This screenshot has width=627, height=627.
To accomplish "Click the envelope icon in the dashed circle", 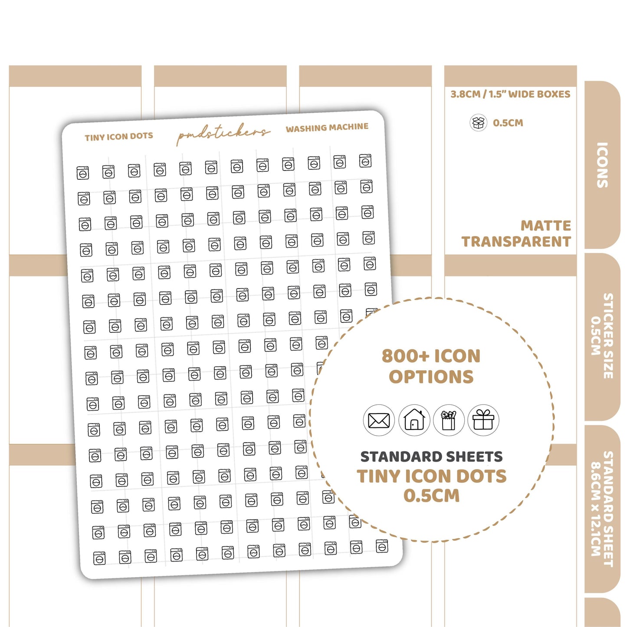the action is pos(378,420).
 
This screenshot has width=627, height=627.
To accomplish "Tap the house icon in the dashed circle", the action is pos(414,420).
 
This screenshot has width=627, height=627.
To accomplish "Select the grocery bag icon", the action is pos(448,420).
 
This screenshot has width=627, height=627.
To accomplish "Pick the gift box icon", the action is pos(483,420).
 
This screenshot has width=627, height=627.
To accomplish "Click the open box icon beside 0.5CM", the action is pos(478,123).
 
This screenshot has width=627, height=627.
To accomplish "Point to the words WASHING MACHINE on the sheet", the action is pos(327,128).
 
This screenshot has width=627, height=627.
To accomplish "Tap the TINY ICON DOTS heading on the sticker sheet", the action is pos(119,137).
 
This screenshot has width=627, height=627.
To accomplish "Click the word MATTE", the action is pos(546,226).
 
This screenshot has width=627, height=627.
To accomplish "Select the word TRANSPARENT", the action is pos(516,241).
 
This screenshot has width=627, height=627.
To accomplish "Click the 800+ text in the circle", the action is pos(404,356).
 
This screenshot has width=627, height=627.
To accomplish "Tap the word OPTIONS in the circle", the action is pos(431,377).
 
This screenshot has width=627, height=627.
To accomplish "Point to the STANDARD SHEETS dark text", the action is pos(431,457).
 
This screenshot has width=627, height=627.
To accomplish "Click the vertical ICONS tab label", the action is pos(602,165).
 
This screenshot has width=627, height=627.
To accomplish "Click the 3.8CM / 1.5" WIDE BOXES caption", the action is pos(510,94).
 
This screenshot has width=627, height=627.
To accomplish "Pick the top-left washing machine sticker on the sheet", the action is pos(82,172).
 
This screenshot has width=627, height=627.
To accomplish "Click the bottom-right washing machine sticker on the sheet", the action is pos(382,546).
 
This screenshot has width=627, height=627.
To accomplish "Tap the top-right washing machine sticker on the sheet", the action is pos(365,161).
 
